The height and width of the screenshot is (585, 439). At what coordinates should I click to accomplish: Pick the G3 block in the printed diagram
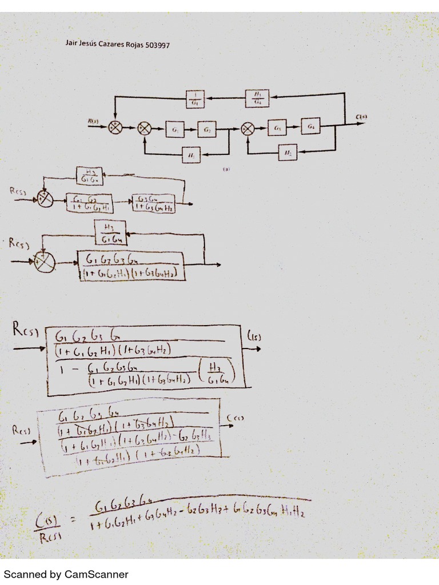coord(278,129)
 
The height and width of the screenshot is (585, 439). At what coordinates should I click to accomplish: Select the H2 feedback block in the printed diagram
coord(288,153)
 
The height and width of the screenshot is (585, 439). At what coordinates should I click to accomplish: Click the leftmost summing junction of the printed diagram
coord(115,128)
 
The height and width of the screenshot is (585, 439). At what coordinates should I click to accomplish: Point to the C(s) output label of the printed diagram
coord(361,118)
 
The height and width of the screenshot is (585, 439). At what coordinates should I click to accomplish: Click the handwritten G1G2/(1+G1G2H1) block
coord(89,203)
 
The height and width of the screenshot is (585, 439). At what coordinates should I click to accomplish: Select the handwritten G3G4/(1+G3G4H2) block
coord(153,203)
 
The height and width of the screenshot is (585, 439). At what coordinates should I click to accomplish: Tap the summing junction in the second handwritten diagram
coord(45,262)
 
